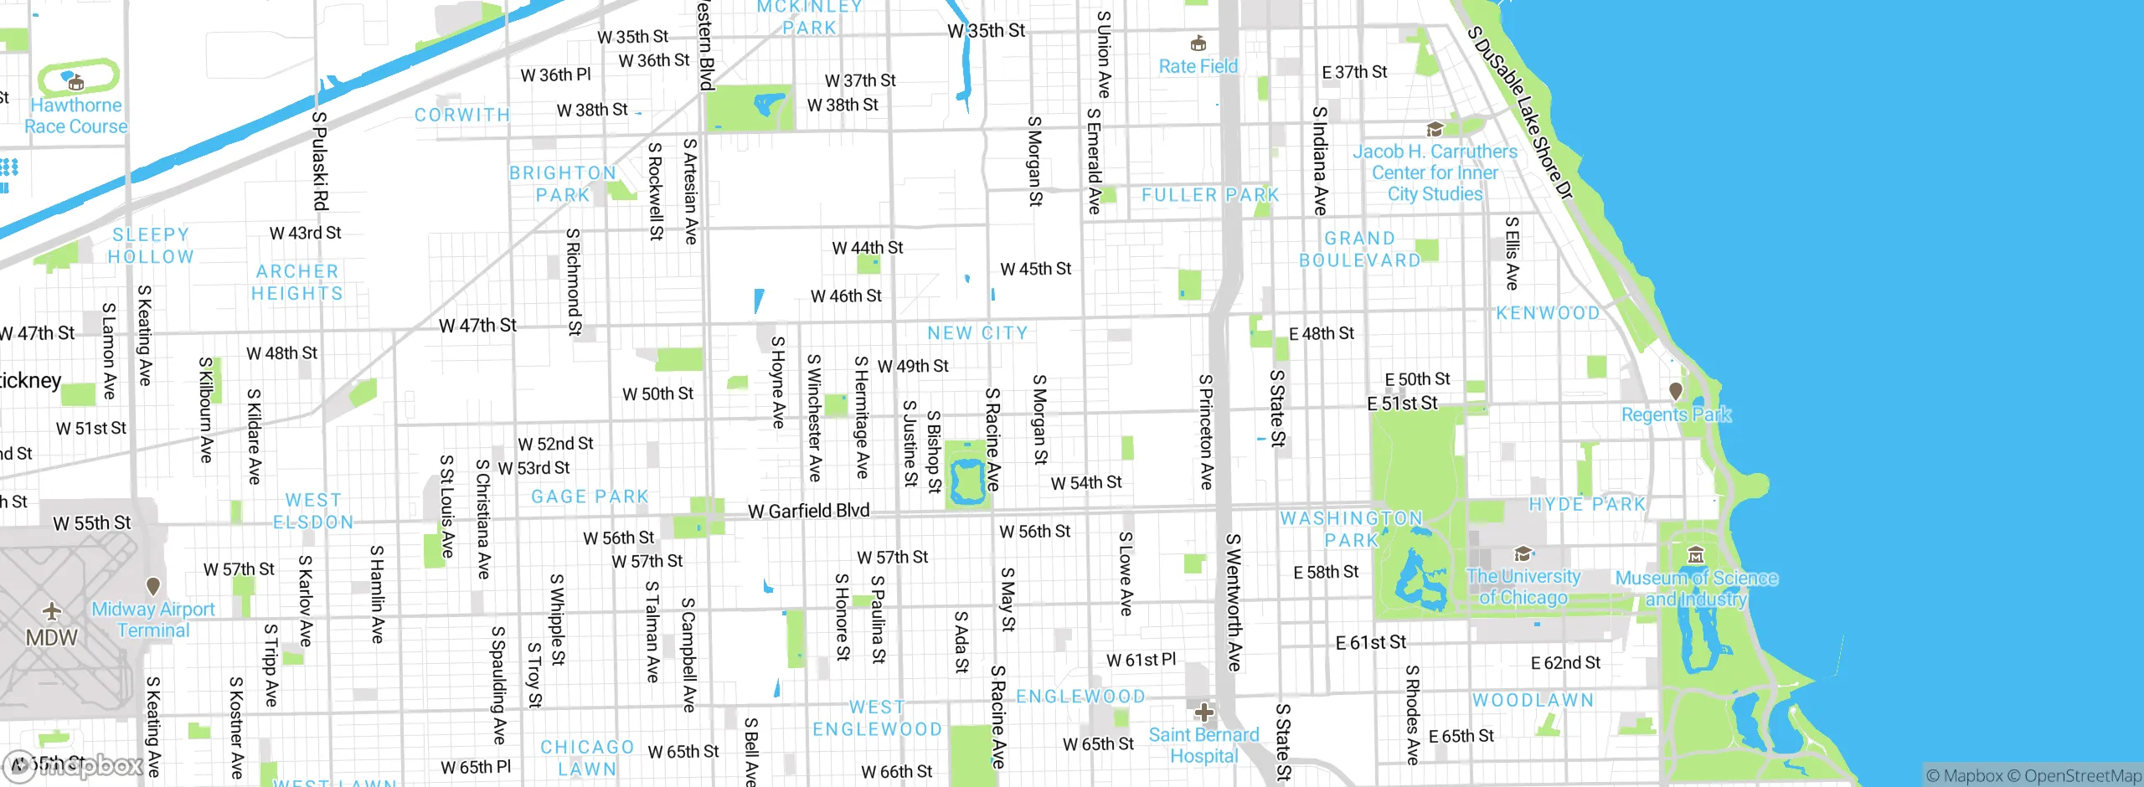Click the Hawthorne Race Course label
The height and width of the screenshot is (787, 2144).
76,116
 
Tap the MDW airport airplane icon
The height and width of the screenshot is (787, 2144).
52,611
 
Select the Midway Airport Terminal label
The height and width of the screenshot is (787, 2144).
153,620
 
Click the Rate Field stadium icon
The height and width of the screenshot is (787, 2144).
1198,43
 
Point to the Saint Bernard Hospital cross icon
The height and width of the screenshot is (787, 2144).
1203,712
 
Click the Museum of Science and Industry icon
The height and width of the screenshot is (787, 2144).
1696,554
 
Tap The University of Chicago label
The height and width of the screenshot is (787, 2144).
1523,587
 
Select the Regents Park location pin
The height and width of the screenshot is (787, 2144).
1676,391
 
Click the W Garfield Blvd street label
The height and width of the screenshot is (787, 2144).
808,511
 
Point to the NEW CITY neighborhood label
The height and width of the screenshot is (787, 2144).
977,333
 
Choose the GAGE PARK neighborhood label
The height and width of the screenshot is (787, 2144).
590,496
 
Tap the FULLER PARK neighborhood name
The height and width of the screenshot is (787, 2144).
1210,195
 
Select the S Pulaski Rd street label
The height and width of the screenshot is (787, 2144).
320,161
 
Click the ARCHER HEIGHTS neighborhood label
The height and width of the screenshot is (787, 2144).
297,283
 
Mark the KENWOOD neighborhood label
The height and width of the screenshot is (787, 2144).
1548,313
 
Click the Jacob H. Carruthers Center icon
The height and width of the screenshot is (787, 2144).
1435,129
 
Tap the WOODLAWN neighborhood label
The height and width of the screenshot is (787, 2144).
1533,700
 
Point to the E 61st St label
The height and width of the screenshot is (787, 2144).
1371,642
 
